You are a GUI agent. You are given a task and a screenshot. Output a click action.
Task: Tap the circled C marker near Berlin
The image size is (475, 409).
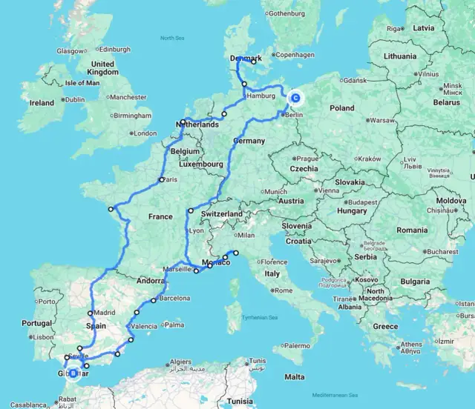tap(295, 97)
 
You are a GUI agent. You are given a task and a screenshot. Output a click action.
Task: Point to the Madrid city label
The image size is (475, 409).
tap(104, 313)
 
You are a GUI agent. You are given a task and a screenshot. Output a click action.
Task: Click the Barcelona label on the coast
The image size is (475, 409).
tap(174, 299)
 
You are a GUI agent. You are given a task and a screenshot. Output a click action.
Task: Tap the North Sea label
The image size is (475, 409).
tap(172, 36)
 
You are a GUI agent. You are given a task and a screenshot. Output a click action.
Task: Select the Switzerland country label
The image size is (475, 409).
tap(221, 213)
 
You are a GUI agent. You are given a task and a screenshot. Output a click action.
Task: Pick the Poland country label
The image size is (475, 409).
tap(342, 107)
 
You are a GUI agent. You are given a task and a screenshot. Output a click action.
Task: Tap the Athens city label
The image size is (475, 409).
tap(411, 345)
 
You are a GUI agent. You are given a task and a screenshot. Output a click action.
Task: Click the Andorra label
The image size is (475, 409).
tap(151, 281)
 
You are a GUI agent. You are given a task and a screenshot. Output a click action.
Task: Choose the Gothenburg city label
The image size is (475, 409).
tap(287, 13)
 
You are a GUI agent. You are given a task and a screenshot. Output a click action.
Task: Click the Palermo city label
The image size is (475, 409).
tap(296, 345)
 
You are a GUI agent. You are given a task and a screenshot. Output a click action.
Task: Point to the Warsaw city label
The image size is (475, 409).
tap(382, 119)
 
